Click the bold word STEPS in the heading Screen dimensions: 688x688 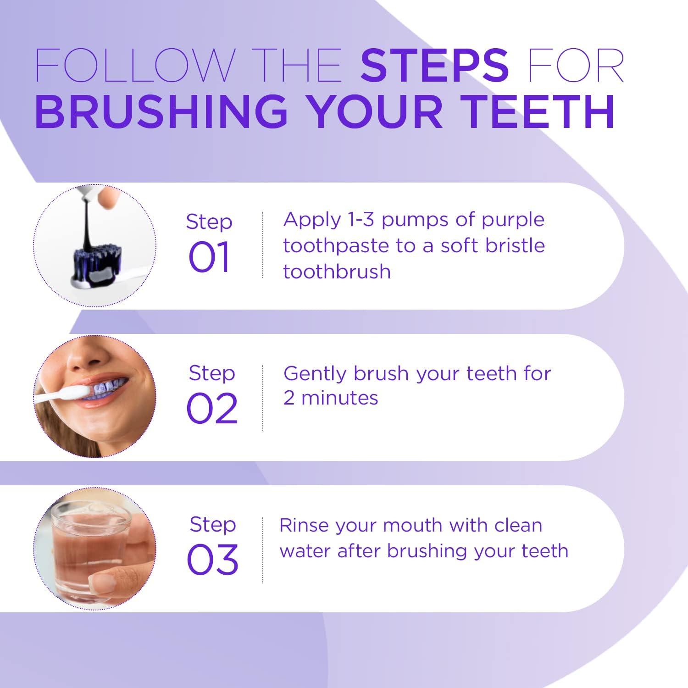tap(434, 65)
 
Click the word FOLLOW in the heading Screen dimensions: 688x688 tap(134, 65)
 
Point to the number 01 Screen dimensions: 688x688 tap(209, 258)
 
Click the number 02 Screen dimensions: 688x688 tap(211, 409)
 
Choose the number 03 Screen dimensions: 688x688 tap(212, 560)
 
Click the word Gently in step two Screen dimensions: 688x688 tap(314, 374)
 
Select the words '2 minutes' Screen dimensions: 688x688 tap(330, 398)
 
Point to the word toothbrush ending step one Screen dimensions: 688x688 tap(337, 272)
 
